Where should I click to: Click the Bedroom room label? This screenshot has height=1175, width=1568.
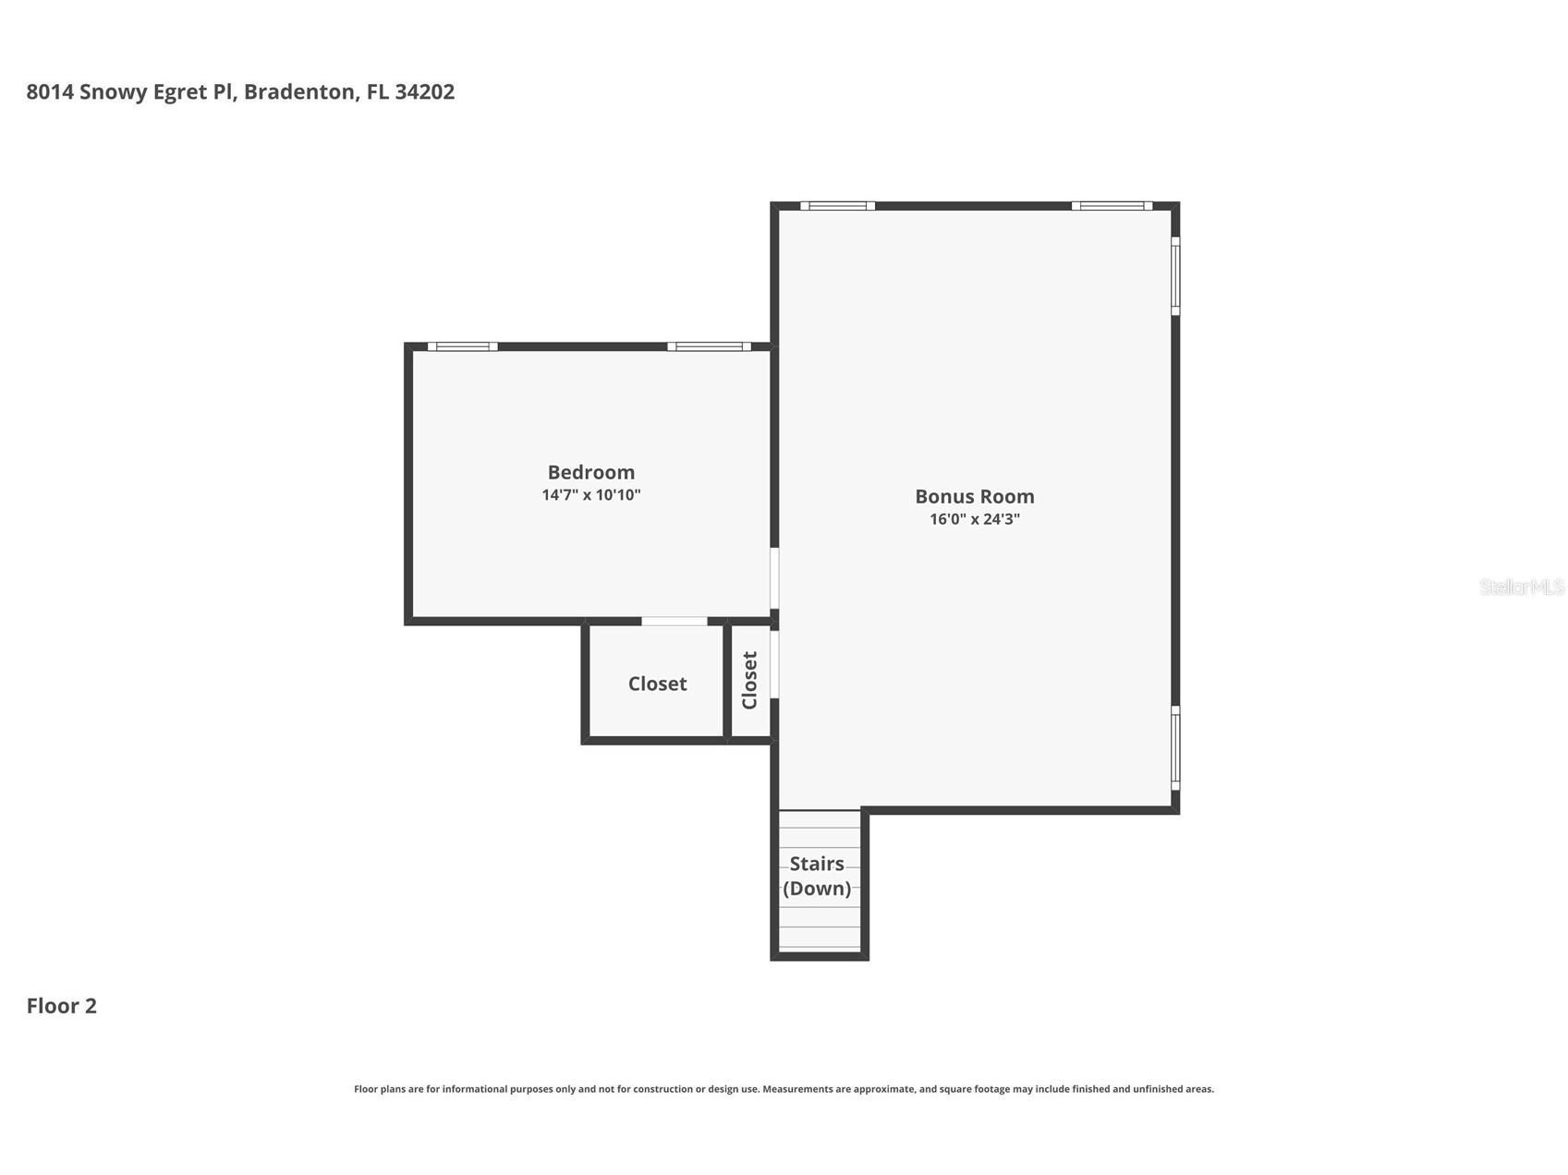click(591, 472)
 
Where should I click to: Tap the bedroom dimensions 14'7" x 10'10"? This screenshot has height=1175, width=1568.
click(591, 495)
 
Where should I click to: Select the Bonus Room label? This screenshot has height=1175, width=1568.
click(975, 496)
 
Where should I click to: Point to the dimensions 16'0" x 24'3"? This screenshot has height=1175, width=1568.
click(975, 519)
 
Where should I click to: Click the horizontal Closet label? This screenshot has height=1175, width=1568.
click(657, 684)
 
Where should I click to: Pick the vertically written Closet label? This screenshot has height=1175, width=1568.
click(749, 681)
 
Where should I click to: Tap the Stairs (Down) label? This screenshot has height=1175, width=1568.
click(817, 876)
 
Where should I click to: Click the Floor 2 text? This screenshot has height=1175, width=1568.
click(61, 1006)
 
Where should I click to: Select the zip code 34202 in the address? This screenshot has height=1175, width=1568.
click(424, 91)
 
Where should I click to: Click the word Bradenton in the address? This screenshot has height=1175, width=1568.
click(299, 91)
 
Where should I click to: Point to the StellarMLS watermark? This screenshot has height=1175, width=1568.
click(1522, 587)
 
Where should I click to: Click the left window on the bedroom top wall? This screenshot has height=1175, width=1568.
click(462, 346)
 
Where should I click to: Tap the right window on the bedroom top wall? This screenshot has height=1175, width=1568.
click(710, 346)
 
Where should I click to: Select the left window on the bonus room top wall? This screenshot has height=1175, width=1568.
click(837, 205)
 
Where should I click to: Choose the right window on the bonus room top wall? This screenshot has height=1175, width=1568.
click(1112, 205)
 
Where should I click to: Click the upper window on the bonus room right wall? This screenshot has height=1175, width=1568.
click(1175, 275)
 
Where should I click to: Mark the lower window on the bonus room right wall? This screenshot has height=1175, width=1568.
click(1175, 748)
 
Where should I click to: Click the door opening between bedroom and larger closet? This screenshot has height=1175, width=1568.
click(675, 621)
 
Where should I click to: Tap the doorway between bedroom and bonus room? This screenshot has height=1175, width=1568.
click(774, 578)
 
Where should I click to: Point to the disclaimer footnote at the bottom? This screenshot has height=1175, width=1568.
click(784, 1089)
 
